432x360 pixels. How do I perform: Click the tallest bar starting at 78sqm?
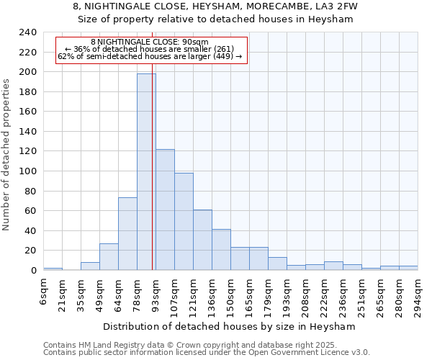pyautogui.click(x=146, y=172)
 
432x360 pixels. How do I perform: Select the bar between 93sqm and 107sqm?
pyautogui.click(x=165, y=210)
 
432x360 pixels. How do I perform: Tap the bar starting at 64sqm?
pyautogui.click(x=127, y=234)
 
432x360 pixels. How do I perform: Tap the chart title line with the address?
pyautogui.click(x=215, y=6)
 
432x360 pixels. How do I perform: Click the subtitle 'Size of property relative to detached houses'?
pyautogui.click(x=215, y=19)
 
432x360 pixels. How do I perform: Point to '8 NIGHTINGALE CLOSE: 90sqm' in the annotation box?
pyautogui.click(x=150, y=42)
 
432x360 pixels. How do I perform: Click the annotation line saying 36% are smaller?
pyautogui.click(x=150, y=49)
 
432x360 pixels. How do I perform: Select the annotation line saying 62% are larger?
pyautogui.click(x=150, y=56)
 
